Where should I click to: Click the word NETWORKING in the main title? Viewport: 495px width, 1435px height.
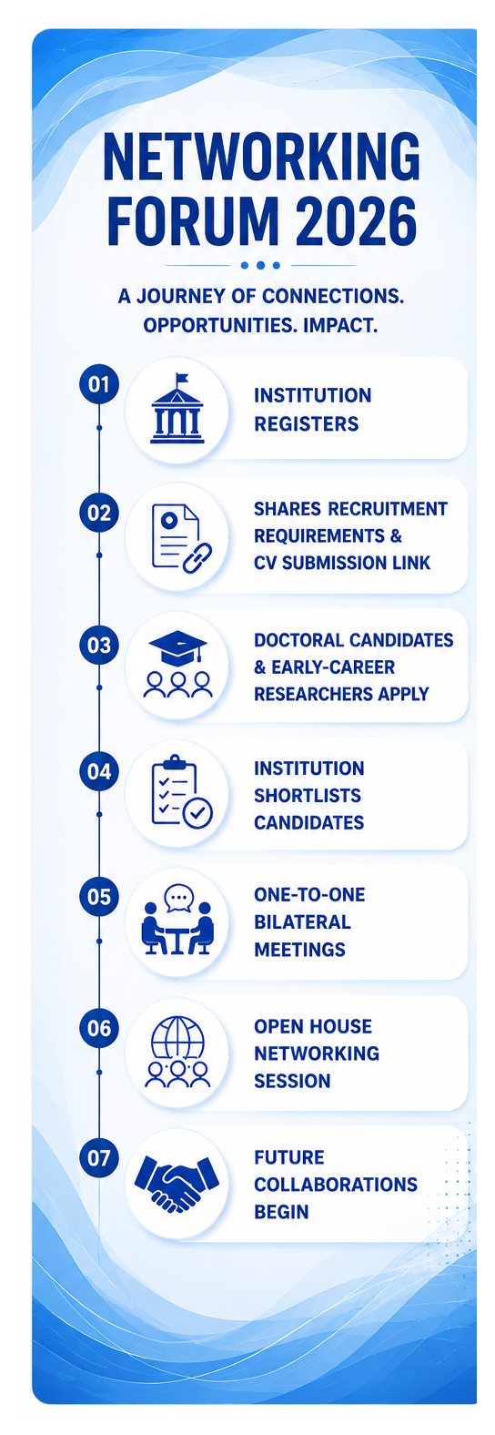click(261, 157)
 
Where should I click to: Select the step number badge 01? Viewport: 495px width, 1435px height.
click(99, 384)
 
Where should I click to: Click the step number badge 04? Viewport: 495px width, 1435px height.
click(99, 771)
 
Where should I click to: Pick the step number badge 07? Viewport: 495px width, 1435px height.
click(99, 1158)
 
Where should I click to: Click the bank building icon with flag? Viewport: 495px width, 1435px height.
click(177, 409)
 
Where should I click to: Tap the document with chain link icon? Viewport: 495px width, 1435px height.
click(181, 538)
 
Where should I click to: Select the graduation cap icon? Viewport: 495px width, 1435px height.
click(177, 647)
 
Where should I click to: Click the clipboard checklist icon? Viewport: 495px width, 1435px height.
click(181, 792)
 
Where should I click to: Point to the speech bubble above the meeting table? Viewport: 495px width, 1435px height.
click(178, 898)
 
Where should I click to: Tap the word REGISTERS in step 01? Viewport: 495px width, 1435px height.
click(306, 424)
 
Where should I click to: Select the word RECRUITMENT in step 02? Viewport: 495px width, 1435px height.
click(388, 509)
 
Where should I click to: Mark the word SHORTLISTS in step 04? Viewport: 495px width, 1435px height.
click(308, 796)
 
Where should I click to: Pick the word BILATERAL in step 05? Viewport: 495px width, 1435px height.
click(302, 921)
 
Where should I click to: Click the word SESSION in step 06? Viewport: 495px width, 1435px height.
click(292, 1082)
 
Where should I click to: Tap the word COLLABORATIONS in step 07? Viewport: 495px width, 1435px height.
click(336, 1185)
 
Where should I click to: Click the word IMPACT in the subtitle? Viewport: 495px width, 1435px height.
click(339, 325)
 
